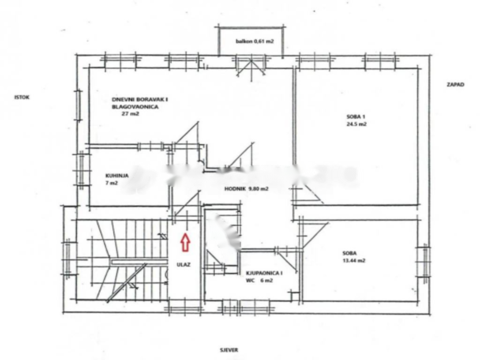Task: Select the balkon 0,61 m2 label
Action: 255,42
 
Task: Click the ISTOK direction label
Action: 22,97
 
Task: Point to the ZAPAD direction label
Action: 455,85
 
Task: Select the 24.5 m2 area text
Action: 355,125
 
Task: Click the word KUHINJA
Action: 117,176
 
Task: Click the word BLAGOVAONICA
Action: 135,107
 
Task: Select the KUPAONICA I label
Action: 264,273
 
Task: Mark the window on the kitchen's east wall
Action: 82,168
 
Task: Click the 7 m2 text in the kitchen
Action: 112,183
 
